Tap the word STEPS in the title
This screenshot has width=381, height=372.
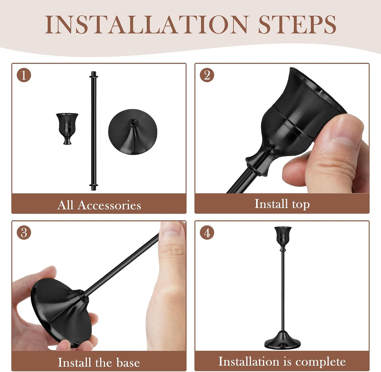297,25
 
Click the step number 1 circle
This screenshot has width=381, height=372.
24,75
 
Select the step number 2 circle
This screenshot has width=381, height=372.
207,75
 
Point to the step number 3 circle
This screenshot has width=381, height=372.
24,232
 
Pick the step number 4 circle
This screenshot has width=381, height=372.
207,232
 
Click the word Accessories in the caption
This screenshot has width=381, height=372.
109,205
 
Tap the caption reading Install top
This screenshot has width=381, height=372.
282,204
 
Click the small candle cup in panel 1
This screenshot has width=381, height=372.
67,129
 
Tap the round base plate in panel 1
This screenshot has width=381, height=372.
132,132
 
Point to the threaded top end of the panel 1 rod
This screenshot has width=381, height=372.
94,74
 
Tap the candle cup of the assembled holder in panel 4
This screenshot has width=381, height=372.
283,238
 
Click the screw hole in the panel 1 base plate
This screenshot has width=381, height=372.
133,123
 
